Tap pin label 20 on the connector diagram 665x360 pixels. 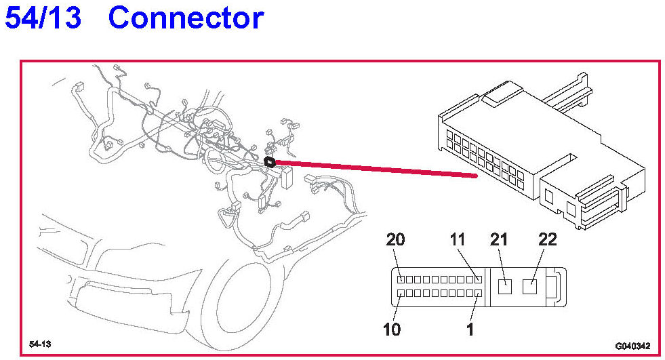(395, 239)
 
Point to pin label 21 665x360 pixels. (499, 239)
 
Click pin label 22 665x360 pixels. (547, 239)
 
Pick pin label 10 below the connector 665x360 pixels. (392, 329)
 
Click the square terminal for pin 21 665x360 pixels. (505, 286)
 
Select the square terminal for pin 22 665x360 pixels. (531, 286)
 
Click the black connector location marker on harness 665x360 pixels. (269, 162)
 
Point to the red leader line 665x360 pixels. (373, 169)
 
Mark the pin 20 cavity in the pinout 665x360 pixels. (401, 279)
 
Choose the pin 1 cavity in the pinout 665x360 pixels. (478, 294)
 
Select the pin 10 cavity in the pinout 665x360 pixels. (401, 294)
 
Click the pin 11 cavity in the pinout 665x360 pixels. (478, 279)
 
